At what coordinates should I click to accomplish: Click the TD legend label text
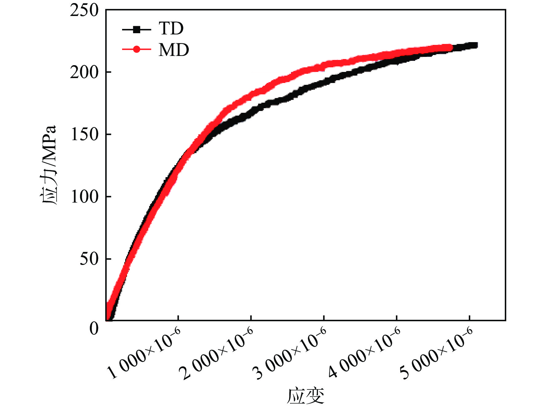point(171,29)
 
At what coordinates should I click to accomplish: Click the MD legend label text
point(174,50)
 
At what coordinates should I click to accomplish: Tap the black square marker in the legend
point(137,30)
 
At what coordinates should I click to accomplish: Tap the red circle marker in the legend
point(137,49)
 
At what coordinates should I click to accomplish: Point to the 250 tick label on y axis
point(84,10)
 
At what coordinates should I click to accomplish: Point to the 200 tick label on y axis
point(84,73)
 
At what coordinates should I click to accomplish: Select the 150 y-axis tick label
point(84,135)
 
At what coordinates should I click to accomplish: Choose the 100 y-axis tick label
point(84,197)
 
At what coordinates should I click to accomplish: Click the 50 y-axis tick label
point(89,259)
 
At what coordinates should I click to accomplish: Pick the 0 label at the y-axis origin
point(94,328)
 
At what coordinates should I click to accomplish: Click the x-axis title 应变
point(305,395)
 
